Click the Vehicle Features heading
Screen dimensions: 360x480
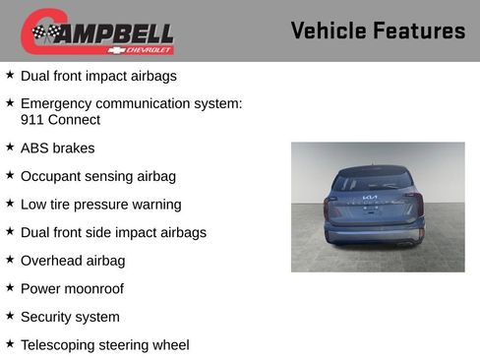[x=378, y=30]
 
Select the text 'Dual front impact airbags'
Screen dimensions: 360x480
[x=99, y=75]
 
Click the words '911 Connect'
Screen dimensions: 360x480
[x=60, y=120]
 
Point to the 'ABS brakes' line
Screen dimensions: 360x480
[x=57, y=148]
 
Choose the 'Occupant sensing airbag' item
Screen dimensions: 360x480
[x=97, y=176]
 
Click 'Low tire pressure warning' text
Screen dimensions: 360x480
[x=100, y=205]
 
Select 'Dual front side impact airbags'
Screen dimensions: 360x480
[x=113, y=232]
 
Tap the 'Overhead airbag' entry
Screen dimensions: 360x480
[x=73, y=261]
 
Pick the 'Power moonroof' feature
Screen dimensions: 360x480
[x=72, y=288]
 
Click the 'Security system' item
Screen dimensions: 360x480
[x=70, y=317]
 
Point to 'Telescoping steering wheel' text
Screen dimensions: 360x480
[x=104, y=345]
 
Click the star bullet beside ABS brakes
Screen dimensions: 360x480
[x=10, y=147]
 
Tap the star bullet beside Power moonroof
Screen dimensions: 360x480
[x=10, y=287]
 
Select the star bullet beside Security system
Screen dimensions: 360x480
[x=10, y=316]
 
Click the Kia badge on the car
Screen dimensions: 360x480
[x=370, y=198]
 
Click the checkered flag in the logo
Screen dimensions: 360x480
[x=45, y=32]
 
